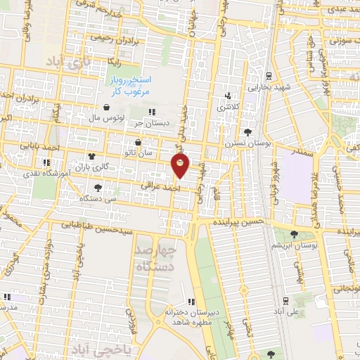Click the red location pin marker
[x=181, y=166]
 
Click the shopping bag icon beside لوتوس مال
[x=106, y=108]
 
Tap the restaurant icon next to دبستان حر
[x=153, y=111]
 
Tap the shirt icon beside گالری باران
[x=90, y=157]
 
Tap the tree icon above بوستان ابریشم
[x=294, y=235]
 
